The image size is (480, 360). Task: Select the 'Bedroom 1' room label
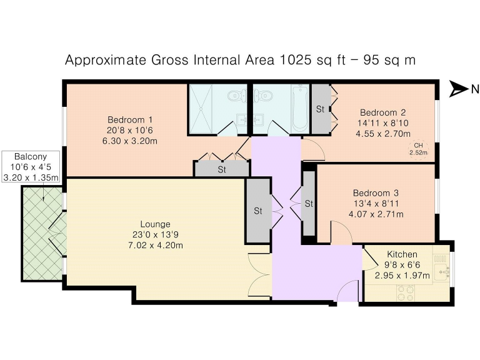point(130,119)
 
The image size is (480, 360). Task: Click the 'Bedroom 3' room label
point(376,193)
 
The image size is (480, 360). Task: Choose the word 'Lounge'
point(154,224)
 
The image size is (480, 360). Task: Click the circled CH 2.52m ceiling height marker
point(418,149)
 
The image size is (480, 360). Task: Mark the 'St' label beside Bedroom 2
point(320,109)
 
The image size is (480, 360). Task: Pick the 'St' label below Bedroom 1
point(222,169)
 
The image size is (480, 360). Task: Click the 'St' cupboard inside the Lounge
point(257,211)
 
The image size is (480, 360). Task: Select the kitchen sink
point(442,271)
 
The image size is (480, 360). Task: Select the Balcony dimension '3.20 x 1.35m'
point(31,177)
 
